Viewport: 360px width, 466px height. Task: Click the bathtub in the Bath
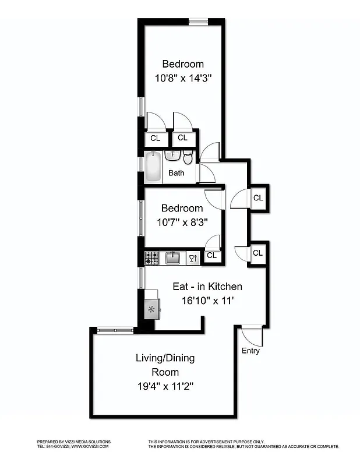(153, 167)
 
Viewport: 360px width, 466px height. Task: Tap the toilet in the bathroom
(188, 157)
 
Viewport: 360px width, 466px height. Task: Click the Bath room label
(177, 173)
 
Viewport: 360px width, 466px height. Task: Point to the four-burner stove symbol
(151, 258)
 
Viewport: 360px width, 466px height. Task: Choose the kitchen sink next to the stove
(172, 257)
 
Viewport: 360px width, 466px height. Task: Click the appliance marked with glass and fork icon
(193, 258)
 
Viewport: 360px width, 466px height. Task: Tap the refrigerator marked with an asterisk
(153, 309)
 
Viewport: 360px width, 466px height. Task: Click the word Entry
(250, 351)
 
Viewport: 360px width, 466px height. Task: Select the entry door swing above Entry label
(252, 336)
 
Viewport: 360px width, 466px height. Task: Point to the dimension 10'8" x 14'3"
(183, 77)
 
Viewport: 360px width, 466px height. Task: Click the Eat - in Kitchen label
(207, 287)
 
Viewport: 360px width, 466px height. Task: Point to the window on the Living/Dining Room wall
(115, 330)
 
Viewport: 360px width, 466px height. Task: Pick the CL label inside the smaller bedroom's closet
(211, 255)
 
